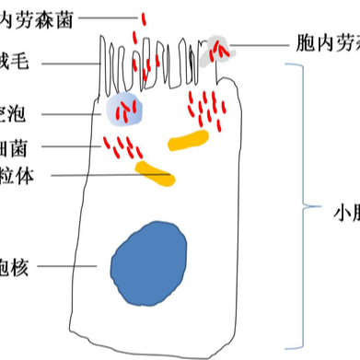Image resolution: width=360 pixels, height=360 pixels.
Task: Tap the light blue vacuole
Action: pyautogui.click(x=126, y=110)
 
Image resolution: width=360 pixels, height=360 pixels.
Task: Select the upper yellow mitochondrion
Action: pyautogui.click(x=188, y=140)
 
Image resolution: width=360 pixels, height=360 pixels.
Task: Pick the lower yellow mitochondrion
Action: pyautogui.click(x=153, y=172)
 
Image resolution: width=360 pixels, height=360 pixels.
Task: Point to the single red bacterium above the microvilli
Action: pyautogui.click(x=143, y=18)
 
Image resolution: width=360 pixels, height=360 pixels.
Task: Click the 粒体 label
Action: pyautogui.click(x=16, y=175)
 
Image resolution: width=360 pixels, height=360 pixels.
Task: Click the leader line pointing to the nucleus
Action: pyautogui.click(x=70, y=267)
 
